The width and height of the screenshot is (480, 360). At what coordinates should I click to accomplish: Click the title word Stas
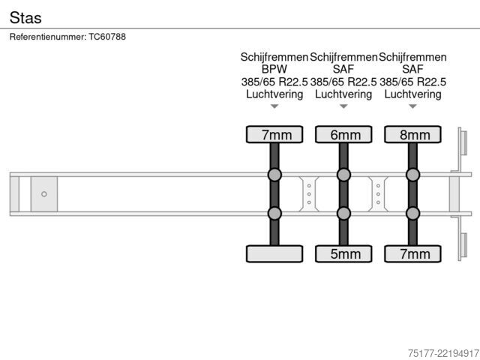point(25,17)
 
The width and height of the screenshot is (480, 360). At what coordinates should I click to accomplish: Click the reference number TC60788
point(107,37)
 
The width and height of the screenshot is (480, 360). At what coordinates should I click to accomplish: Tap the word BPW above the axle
point(274,69)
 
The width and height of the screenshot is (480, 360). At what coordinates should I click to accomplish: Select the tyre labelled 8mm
point(412,134)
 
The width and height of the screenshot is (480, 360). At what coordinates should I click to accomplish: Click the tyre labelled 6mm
point(343,134)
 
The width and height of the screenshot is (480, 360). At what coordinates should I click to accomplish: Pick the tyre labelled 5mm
point(343,253)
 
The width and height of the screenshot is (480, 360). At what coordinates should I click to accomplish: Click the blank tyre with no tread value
point(274,253)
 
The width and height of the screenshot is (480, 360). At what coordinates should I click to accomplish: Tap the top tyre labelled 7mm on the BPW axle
point(274,134)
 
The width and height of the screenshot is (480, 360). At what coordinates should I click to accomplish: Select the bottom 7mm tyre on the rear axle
point(412,253)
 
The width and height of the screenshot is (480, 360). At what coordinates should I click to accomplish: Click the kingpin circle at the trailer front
point(44,194)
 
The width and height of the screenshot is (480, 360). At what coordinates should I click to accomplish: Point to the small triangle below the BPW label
point(274,106)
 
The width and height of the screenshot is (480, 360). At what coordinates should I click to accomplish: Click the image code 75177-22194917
point(443,353)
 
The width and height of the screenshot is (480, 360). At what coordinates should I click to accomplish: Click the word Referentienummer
point(48,37)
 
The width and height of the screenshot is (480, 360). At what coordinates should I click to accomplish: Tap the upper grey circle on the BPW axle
point(274,175)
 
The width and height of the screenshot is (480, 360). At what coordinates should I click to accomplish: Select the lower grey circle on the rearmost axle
point(412,213)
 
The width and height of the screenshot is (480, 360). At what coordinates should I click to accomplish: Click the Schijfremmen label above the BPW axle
point(274,57)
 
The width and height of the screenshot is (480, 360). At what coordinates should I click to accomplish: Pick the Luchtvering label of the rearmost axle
point(412,94)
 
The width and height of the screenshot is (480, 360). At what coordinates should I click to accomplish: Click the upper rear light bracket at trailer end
point(462,142)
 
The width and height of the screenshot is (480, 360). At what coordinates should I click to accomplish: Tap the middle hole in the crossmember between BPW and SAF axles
point(309,194)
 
